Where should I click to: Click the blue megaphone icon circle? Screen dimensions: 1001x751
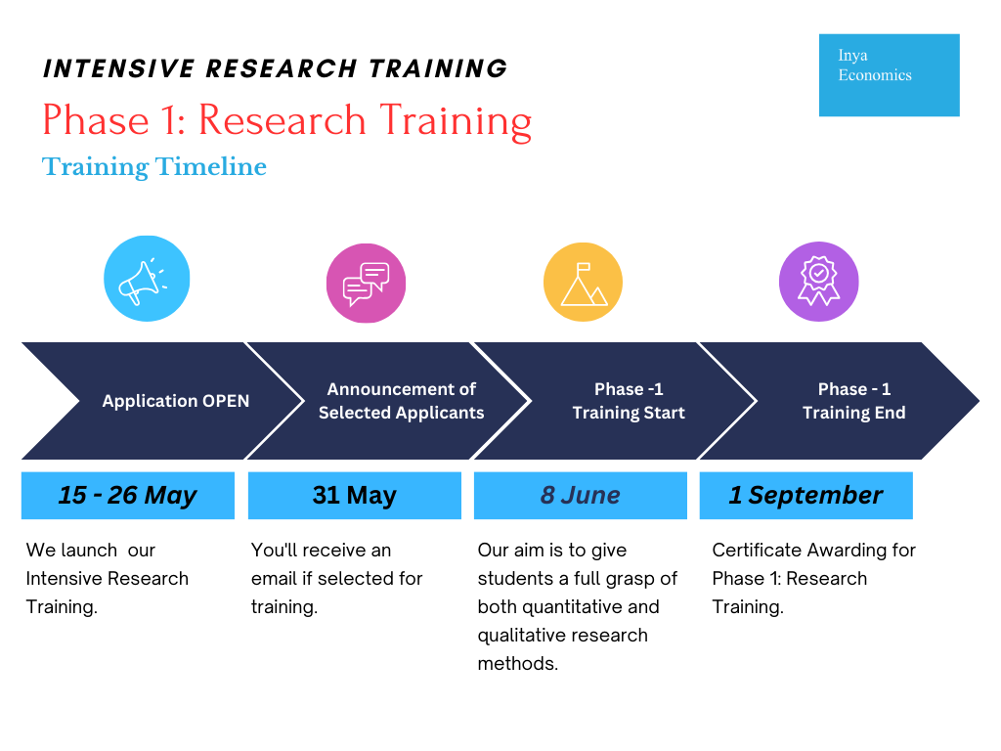[x=147, y=279]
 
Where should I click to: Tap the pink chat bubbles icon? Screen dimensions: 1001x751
[x=366, y=283]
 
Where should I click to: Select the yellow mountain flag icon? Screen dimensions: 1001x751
[x=583, y=282]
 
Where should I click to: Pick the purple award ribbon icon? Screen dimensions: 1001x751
[x=818, y=282]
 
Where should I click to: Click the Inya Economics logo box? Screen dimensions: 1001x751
[x=890, y=74]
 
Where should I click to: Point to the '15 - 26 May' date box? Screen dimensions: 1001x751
[x=128, y=496]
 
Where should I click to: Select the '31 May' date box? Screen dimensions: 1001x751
[x=354, y=496]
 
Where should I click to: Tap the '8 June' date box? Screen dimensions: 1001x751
[x=581, y=496]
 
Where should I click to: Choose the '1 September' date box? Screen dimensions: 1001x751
[x=806, y=496]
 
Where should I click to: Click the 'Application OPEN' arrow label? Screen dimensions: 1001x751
[x=176, y=401]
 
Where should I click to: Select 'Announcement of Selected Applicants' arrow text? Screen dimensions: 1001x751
[x=402, y=401]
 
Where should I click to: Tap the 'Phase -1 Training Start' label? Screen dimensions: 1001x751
[x=629, y=401]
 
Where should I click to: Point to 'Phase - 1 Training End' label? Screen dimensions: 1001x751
[x=854, y=401]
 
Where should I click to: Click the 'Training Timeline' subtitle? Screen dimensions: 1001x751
[x=153, y=166]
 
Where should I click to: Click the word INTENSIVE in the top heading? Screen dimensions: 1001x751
[x=118, y=68]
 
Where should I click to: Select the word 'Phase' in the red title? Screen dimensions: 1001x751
[x=96, y=120]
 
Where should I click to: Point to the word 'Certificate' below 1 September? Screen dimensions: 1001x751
[x=758, y=550]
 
